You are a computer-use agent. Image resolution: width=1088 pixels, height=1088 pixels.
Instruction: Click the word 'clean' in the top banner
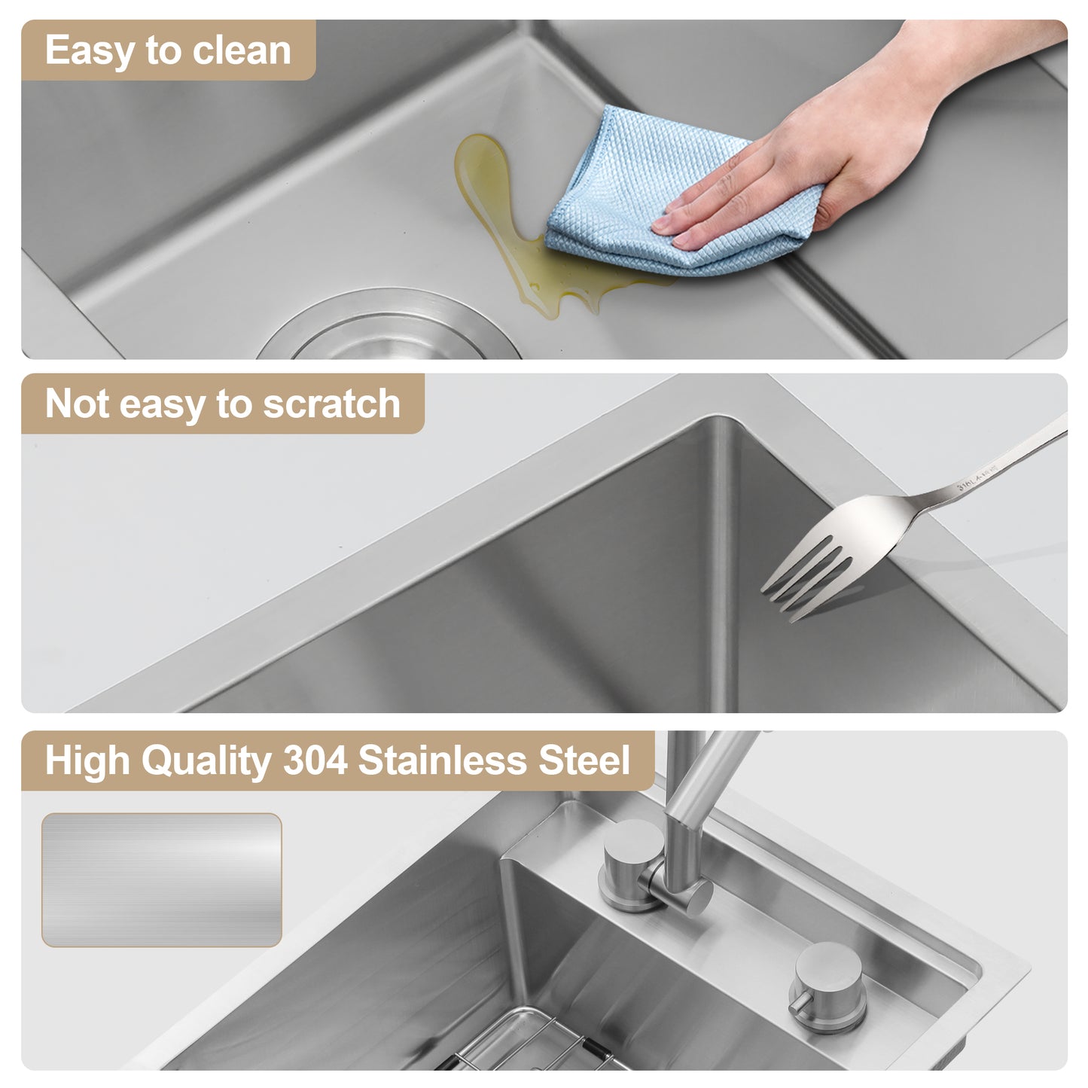[x=241, y=50]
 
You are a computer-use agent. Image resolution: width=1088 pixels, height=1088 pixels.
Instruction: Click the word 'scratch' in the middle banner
[x=331, y=404]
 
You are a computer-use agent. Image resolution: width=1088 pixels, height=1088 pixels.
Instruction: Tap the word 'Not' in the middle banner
[x=77, y=404]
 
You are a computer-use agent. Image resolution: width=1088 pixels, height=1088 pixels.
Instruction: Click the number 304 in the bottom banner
[x=315, y=760]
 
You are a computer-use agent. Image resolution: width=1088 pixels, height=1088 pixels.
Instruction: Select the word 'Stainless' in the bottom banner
[x=443, y=760]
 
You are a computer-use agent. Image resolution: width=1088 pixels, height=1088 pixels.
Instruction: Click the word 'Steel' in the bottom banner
[x=584, y=760]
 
